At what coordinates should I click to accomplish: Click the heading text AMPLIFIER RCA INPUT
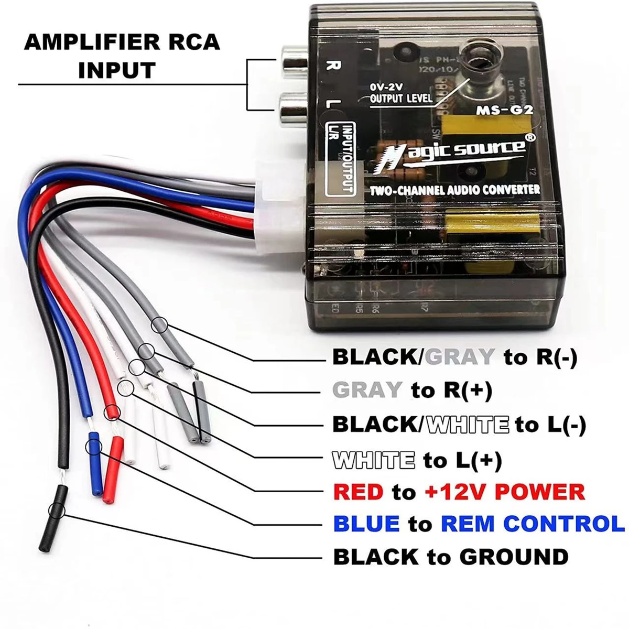122,56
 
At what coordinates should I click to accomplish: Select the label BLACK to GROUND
450,556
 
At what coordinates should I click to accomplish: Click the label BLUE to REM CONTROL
479,523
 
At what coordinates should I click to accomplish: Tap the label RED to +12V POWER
459,492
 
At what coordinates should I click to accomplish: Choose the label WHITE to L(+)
417,460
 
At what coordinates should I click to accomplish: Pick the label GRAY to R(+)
412,390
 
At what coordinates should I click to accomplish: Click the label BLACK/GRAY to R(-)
454,357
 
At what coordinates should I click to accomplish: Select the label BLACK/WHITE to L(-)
459,424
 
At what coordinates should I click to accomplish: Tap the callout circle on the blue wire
94,447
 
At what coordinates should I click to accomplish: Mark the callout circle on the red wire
112,413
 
